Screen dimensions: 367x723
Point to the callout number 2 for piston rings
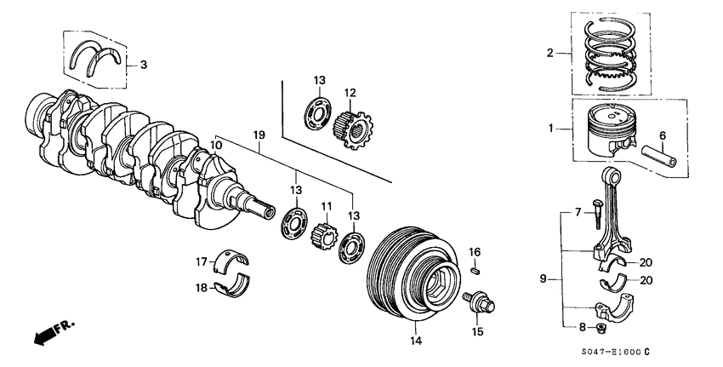tap(549, 53)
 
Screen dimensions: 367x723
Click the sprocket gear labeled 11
tap(325, 232)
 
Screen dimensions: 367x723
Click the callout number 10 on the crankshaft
tap(216, 146)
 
